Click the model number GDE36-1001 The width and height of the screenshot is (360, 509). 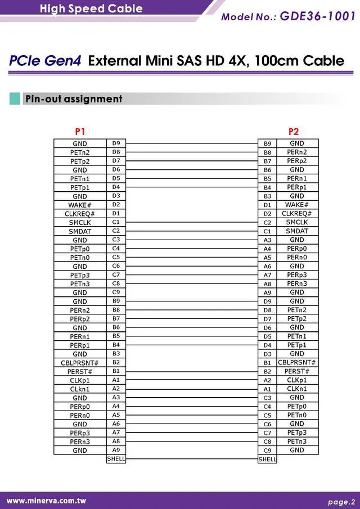[x=317, y=16]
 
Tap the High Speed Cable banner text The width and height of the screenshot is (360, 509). [x=91, y=8]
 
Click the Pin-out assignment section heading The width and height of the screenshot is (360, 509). [x=73, y=99]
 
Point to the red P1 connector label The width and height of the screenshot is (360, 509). [x=80, y=132]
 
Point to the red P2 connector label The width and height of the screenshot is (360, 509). [x=294, y=132]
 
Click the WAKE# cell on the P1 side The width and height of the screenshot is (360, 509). [x=80, y=205]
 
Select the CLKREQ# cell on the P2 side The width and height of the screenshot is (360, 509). [x=297, y=214]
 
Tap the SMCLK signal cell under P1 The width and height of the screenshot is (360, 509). [x=80, y=223]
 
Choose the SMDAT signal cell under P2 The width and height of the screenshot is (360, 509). [x=297, y=231]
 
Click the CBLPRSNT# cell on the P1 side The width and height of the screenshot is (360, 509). [x=80, y=363]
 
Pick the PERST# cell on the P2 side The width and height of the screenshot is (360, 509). [x=297, y=371]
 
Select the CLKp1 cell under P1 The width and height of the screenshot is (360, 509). [x=80, y=380]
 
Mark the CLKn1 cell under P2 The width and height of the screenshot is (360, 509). [x=297, y=389]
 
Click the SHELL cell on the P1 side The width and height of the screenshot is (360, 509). [x=116, y=459]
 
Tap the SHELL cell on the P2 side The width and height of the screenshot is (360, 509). [x=267, y=460]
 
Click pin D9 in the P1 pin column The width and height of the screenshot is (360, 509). [x=116, y=143]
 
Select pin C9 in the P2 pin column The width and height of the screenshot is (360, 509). [x=267, y=451]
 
